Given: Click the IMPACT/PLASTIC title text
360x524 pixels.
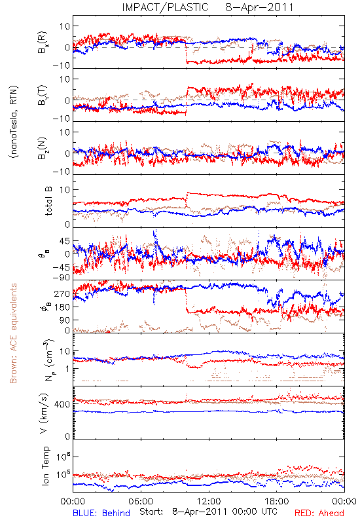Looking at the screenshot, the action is coord(166,7).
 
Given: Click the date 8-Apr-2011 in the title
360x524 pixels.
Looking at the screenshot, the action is coord(259,7).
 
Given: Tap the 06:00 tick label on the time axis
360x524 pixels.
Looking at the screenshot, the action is coord(141,502).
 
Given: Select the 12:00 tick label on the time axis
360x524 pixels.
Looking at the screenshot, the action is coord(209,502).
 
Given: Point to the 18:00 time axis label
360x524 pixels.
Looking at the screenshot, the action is coord(277,502).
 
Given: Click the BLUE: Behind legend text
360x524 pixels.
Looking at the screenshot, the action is coord(101,513).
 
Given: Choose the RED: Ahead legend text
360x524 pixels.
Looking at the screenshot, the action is coord(319,513).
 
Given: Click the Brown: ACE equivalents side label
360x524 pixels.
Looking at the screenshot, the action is coord(13,333).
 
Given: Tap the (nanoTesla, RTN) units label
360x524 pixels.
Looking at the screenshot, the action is coord(14,121).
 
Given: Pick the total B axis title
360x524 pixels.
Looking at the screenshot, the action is coord(48,201).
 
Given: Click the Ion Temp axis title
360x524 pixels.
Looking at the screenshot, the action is coord(45,466).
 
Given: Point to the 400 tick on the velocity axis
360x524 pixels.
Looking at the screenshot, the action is coord(62,404).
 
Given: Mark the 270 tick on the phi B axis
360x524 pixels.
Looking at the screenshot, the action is coord(62,293).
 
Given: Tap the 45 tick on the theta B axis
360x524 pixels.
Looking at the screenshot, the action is coord(65,241).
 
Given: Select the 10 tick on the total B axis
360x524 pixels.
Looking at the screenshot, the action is coord(65,190).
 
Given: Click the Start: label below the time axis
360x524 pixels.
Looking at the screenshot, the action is coord(151,512).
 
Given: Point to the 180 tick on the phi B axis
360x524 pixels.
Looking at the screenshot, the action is coord(62,307).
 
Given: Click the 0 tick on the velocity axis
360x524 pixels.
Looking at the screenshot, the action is coord(67,436).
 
